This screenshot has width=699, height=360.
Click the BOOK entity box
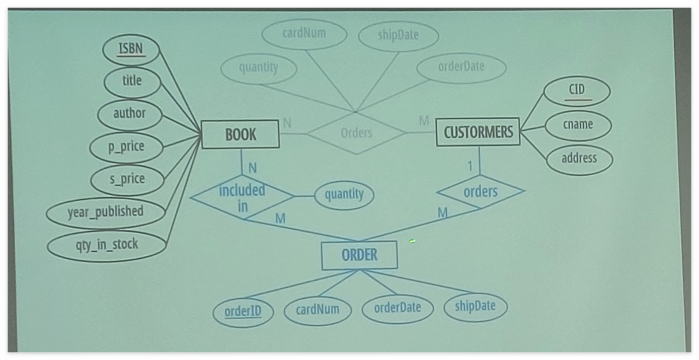(x=240, y=134)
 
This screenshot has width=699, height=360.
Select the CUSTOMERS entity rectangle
(x=478, y=132)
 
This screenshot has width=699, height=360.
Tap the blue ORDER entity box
(x=359, y=255)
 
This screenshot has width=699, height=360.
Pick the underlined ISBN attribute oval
(x=131, y=49)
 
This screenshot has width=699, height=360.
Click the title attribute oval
(x=132, y=81)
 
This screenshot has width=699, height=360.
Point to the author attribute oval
(x=129, y=114)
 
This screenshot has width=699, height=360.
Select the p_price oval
(x=126, y=147)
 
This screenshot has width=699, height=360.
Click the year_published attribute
(x=106, y=212)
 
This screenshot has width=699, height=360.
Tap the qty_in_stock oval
(x=106, y=245)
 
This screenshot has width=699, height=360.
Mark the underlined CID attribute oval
(x=577, y=91)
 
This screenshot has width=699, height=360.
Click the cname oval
(x=578, y=124)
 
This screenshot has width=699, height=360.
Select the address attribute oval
(x=579, y=159)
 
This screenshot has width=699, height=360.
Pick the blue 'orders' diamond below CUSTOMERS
(x=480, y=192)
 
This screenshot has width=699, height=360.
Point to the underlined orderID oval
(x=243, y=312)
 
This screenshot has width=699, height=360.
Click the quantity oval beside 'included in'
(x=344, y=195)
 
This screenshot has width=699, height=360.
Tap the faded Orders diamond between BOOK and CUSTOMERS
(x=356, y=133)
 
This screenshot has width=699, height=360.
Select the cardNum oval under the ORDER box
(x=317, y=310)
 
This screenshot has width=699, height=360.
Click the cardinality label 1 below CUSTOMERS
(x=470, y=166)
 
